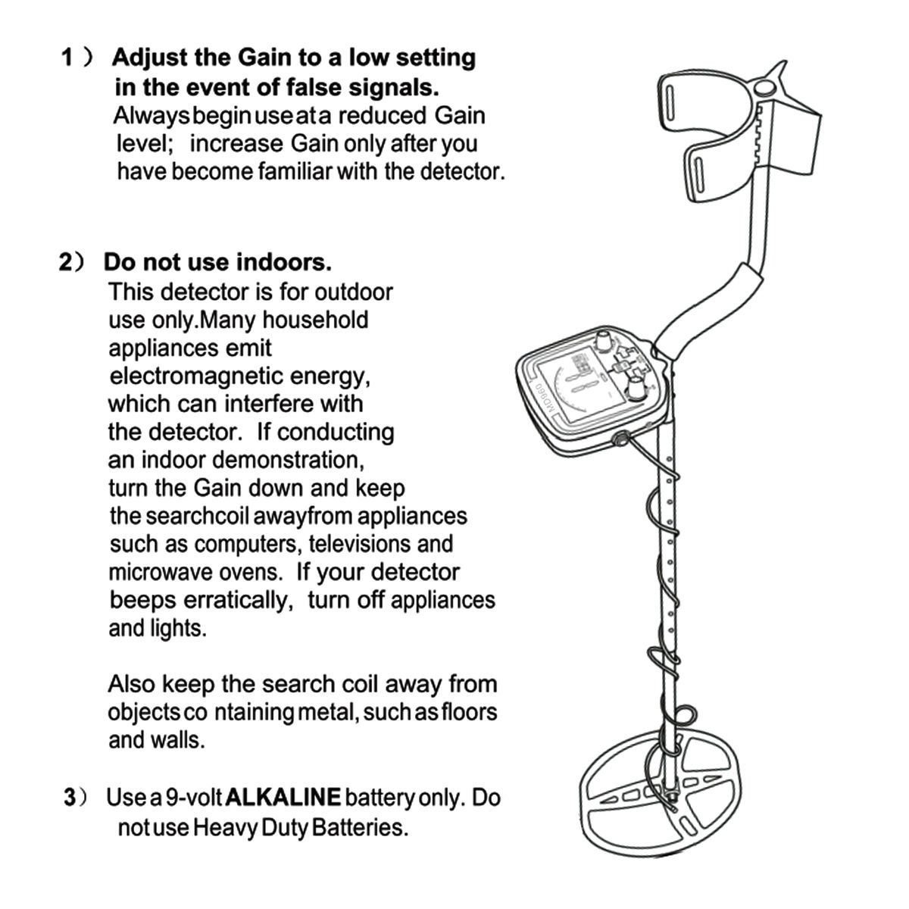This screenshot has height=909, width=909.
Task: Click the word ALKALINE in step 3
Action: click(283, 798)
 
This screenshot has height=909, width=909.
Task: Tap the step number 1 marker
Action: click(67, 58)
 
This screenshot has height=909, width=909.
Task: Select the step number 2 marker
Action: click(67, 263)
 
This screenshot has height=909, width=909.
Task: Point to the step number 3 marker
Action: click(70, 798)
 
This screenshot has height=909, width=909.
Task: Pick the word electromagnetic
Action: click(193, 376)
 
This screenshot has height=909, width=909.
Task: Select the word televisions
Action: click(359, 544)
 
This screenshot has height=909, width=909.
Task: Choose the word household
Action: click(315, 320)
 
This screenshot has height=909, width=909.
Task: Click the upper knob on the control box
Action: click(603, 341)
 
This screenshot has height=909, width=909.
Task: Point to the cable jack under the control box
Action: click(620, 437)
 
